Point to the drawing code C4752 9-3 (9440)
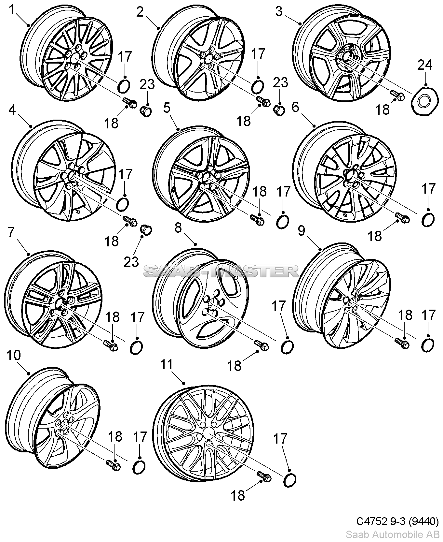click(x=397, y=521)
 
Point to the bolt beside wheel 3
click(x=398, y=95)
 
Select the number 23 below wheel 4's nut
click(x=131, y=261)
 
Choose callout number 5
click(x=167, y=108)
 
